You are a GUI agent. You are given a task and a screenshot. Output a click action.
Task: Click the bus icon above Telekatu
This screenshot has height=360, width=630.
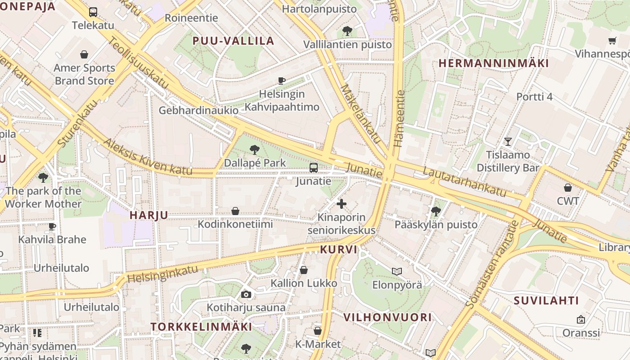[93, 12]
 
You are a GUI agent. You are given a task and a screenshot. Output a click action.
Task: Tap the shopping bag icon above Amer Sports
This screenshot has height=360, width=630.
[84, 55]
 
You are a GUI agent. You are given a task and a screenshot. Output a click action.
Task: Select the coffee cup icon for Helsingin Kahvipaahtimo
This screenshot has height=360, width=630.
[282, 81]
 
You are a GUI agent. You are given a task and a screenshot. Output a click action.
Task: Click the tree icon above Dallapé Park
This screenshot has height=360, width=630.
[255, 149]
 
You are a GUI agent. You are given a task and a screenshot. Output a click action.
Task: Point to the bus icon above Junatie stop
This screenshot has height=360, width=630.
[314, 168]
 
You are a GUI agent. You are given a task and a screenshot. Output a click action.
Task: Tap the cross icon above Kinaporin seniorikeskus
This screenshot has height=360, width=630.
[342, 204]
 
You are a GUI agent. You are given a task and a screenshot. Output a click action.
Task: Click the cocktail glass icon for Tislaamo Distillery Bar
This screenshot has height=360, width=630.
[508, 142]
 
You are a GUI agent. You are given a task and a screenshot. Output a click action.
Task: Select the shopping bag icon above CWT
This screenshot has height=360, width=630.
[568, 188]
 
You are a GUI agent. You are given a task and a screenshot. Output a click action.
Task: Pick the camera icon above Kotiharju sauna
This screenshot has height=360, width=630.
[246, 294]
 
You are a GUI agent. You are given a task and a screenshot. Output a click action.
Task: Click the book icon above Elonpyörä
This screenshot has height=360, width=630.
[396, 271]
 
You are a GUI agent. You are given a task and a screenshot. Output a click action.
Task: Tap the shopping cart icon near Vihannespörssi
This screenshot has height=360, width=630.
[612, 41]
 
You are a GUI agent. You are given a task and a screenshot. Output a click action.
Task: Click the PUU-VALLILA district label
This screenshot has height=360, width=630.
[233, 41]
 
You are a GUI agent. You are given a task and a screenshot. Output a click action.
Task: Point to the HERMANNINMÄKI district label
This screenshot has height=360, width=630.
[494, 63]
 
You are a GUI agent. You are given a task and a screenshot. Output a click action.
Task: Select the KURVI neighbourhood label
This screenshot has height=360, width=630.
[339, 249]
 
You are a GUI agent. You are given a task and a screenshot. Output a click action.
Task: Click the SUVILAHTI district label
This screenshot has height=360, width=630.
[546, 300]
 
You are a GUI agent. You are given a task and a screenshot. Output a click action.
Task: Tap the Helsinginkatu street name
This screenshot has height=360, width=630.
[162, 274]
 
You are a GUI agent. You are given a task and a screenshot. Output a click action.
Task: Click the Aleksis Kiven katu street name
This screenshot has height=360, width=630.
[148, 157]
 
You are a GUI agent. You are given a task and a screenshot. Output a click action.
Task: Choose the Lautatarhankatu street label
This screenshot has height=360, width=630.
[464, 181]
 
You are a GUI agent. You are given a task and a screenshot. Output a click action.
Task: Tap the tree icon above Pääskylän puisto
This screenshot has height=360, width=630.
[436, 211]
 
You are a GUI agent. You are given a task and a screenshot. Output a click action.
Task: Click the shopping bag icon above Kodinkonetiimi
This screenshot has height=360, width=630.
[235, 211]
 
